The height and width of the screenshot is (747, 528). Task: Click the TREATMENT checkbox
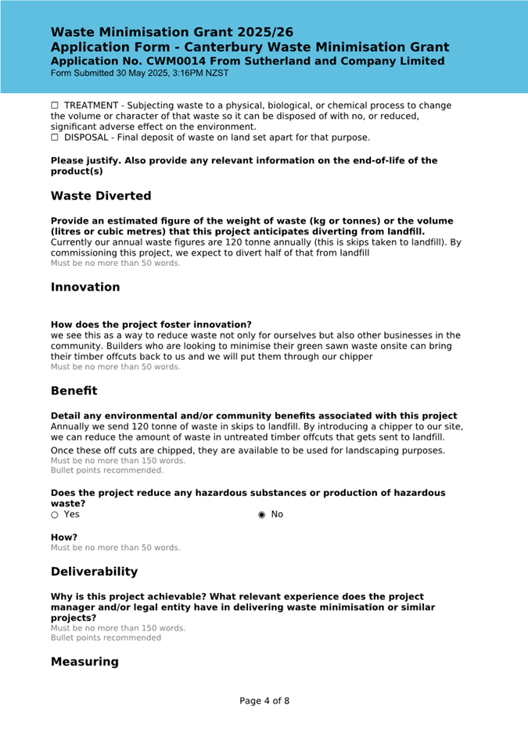55,106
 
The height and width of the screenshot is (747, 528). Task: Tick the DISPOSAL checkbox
55,138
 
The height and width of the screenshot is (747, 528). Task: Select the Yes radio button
55,515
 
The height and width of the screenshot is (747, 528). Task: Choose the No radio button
261,515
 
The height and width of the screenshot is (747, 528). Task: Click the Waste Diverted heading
101,196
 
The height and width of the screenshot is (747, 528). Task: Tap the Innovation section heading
85,287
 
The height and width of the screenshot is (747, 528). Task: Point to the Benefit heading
74,390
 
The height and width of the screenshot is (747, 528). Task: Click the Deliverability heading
94,572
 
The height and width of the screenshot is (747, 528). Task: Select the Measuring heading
84,662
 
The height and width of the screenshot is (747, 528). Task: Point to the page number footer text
264,701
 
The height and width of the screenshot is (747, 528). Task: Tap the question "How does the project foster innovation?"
151,325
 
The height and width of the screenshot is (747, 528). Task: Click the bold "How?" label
64,537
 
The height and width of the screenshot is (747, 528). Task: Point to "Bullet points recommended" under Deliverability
106,637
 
